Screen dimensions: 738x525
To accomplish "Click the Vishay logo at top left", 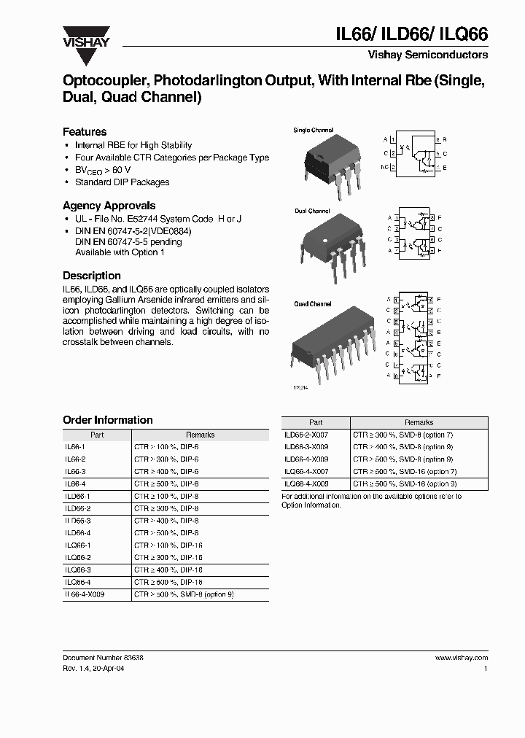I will click(x=86, y=37).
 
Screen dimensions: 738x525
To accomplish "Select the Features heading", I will click(x=85, y=132).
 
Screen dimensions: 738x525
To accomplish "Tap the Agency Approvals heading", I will click(x=109, y=206).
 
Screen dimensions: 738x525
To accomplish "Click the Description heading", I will click(x=92, y=276).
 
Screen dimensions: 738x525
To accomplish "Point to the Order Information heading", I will click(x=108, y=420).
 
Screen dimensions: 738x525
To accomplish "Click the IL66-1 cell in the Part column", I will click(x=75, y=446).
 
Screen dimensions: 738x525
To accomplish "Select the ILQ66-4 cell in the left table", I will click(x=78, y=582).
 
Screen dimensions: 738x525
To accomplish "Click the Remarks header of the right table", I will click(x=419, y=422).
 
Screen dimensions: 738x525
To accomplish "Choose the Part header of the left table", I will click(x=97, y=435).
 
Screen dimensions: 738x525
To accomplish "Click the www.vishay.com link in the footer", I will click(x=462, y=657).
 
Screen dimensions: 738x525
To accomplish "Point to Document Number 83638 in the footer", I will click(x=103, y=657).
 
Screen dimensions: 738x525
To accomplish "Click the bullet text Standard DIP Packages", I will click(x=122, y=182).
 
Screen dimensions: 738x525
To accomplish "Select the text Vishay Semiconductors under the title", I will click(x=428, y=55).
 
